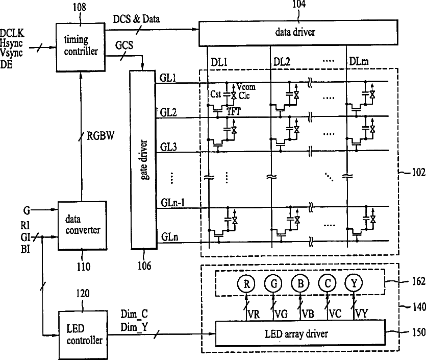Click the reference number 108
(79, 7)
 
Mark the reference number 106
(144, 266)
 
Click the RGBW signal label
(101, 135)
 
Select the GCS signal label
(124, 45)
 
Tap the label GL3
(168, 147)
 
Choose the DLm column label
(359, 61)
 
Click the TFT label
(234, 111)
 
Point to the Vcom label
(246, 87)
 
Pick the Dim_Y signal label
(134, 327)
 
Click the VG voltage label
(281, 315)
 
